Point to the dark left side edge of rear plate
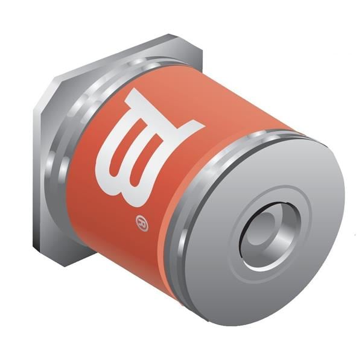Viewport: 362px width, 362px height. click(x=37, y=181)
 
